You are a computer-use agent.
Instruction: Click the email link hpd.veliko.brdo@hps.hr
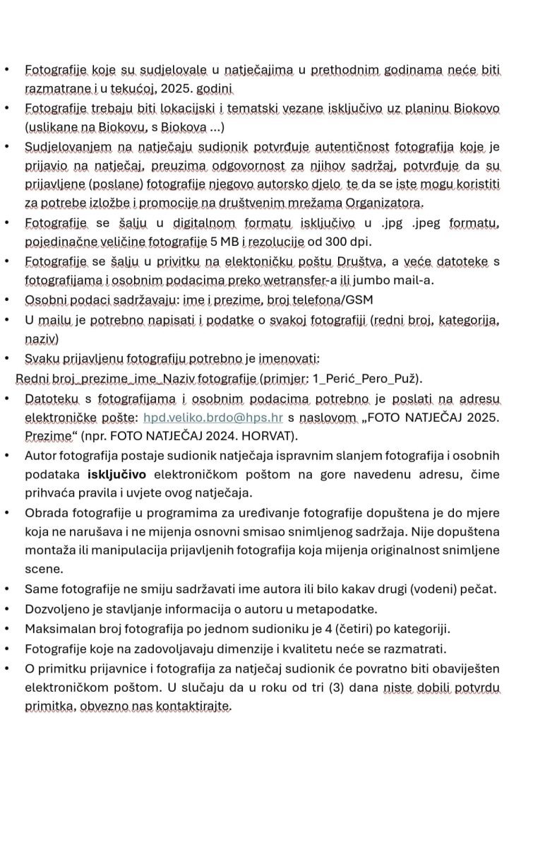[x=212, y=418]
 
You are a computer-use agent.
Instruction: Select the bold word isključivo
[x=116, y=473]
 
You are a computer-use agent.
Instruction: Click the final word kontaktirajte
[x=190, y=705]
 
